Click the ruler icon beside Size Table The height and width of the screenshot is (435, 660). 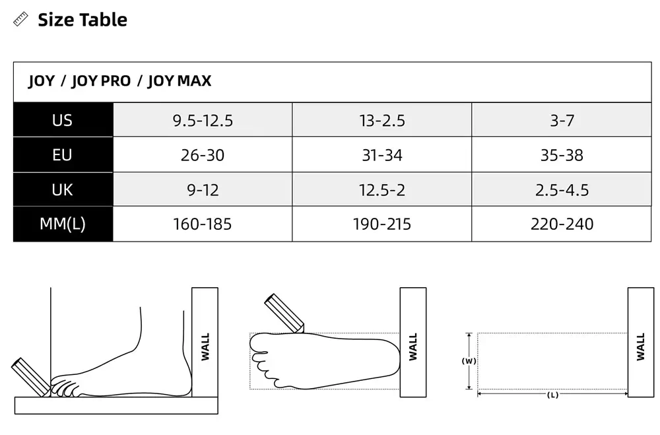pyautogui.click(x=20, y=19)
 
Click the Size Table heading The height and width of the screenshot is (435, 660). pyautogui.click(x=82, y=20)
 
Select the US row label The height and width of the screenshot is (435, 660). pyautogui.click(x=62, y=120)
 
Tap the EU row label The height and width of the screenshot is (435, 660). pyautogui.click(x=62, y=155)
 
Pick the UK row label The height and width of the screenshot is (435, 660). pyautogui.click(x=62, y=190)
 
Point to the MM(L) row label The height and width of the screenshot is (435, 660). pyautogui.click(x=62, y=224)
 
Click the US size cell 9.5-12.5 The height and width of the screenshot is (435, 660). pyautogui.click(x=203, y=121)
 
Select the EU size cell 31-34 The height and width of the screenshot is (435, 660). pyautogui.click(x=381, y=155)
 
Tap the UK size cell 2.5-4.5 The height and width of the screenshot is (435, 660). pyautogui.click(x=562, y=190)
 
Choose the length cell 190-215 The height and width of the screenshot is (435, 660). pyautogui.click(x=381, y=224)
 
